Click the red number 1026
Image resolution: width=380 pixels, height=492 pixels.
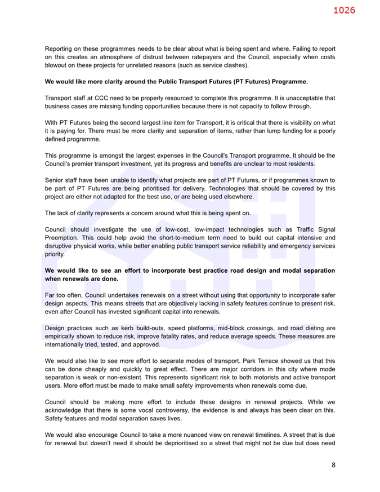coord(344,11)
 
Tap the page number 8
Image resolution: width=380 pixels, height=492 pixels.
coord(333,465)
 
